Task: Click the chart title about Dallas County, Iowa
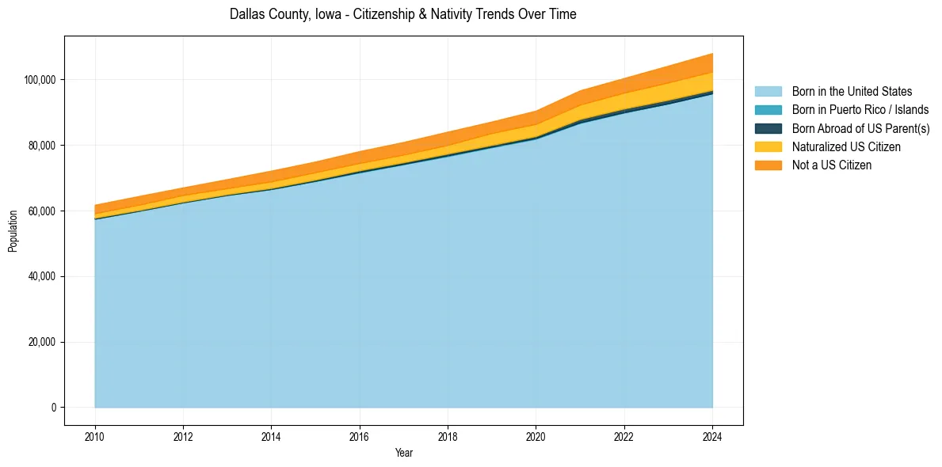402,14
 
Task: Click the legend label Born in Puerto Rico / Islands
860,110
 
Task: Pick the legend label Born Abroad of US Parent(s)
860,128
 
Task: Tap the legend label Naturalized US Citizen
846,146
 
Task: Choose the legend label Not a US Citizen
832,165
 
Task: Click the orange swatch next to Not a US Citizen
768,165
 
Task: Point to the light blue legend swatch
768,92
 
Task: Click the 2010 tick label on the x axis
95,436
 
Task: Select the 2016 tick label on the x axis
360,436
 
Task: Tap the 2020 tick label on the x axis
536,436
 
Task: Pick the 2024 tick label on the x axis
712,436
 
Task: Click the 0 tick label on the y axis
54,408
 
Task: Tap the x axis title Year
403,454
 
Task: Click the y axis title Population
13,231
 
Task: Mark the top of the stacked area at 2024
712,54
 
